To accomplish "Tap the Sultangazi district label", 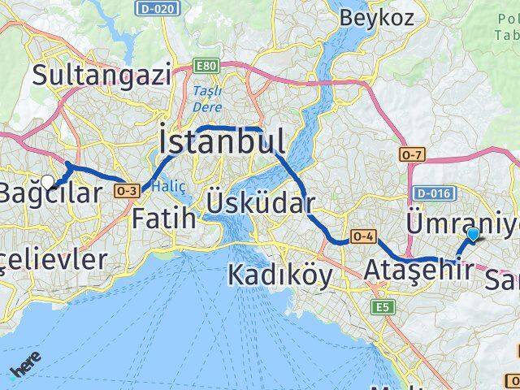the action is tap(102, 76).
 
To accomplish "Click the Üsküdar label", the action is tap(260, 200).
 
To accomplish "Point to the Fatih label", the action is tap(163, 218).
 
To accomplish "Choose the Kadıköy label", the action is tap(279, 275).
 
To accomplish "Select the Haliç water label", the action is tap(174, 186).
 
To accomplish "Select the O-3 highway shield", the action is tap(127, 190).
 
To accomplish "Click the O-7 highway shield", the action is tap(410, 153).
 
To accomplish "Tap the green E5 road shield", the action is tap(381, 307).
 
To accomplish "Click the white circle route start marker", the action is tap(48, 182).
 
